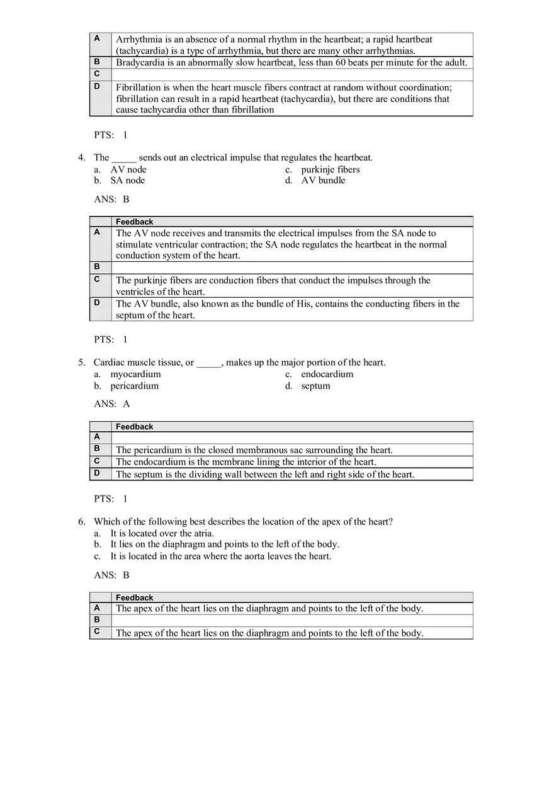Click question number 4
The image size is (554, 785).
click(81, 158)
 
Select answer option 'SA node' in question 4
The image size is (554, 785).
click(127, 181)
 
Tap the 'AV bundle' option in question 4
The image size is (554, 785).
click(323, 181)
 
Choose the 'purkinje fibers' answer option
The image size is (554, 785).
click(330, 169)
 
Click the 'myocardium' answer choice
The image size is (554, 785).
click(135, 374)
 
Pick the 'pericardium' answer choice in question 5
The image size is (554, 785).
click(134, 386)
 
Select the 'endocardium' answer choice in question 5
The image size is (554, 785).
click(327, 374)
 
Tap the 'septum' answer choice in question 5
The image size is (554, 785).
click(315, 386)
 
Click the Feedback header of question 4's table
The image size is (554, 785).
click(134, 222)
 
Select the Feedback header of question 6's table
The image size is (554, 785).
click(134, 597)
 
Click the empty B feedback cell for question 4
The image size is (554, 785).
click(291, 268)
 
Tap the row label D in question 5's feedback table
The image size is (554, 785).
click(97, 473)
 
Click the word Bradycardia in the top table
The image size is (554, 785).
click(141, 63)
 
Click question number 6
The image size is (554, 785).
click(81, 522)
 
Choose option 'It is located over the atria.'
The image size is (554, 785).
click(162, 533)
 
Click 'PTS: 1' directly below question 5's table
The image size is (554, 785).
click(111, 499)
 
